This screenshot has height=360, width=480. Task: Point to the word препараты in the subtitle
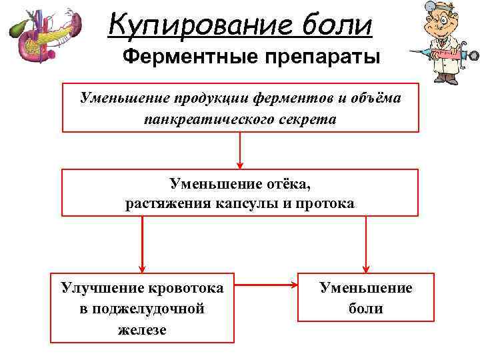coord(314,57)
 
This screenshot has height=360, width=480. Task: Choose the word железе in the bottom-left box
coord(142,329)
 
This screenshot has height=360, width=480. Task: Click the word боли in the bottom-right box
coord(365,309)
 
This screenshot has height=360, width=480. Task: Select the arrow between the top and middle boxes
coord(240,150)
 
